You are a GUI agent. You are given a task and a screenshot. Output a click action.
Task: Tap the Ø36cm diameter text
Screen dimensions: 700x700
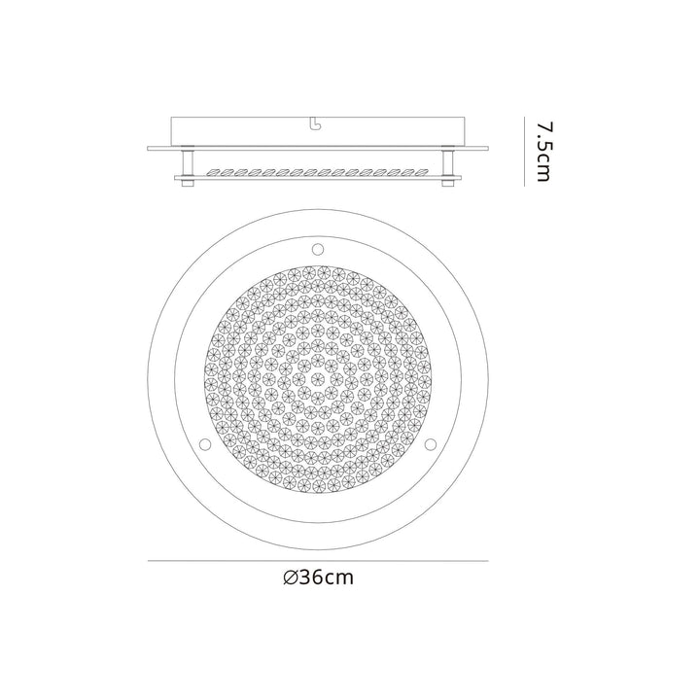[318, 577]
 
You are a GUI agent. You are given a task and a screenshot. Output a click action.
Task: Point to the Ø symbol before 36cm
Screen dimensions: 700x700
[290, 577]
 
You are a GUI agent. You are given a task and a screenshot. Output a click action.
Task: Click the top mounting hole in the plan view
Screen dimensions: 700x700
[318, 250]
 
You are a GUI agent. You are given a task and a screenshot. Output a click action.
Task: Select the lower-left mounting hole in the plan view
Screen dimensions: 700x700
[204, 444]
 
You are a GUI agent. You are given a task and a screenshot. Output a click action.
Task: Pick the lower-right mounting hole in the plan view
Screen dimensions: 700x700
[431, 444]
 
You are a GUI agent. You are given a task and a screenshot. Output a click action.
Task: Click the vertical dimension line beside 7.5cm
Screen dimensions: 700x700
[525, 153]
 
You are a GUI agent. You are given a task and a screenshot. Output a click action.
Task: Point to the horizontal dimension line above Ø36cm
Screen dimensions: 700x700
[318, 561]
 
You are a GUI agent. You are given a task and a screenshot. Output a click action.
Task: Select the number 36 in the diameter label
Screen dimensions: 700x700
[312, 577]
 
